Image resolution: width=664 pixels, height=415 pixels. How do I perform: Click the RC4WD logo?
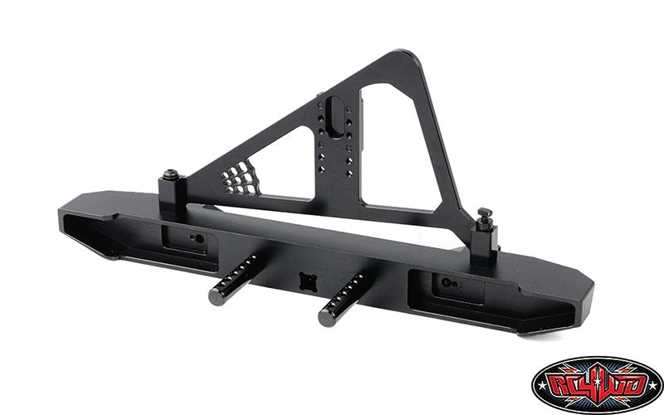(597, 384)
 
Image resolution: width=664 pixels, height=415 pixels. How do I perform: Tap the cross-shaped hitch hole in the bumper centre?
(308, 281)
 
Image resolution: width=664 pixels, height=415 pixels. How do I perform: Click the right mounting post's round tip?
(327, 318)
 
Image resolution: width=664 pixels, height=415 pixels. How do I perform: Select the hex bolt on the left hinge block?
(171, 173)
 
